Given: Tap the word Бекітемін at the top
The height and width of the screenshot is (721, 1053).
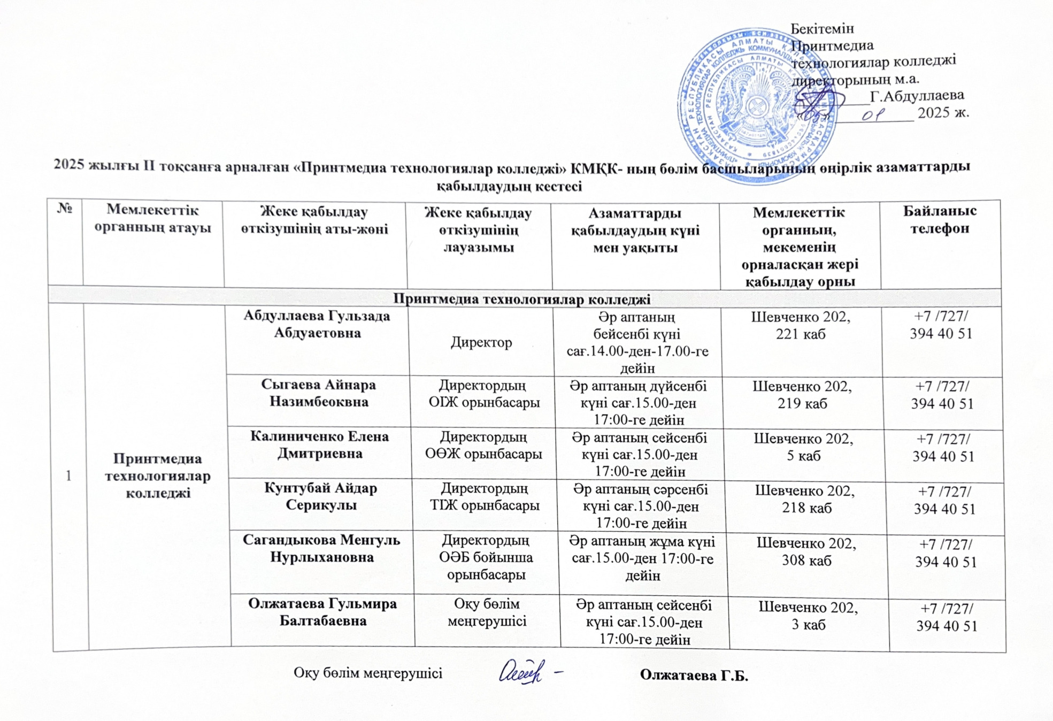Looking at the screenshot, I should pyautogui.click(x=822, y=28).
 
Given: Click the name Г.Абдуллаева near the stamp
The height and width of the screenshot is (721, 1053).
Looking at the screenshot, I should pyautogui.click(x=917, y=96).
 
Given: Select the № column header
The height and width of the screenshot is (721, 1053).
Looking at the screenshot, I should pyautogui.click(x=65, y=209).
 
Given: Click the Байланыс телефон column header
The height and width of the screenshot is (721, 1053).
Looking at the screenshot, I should pyautogui.click(x=940, y=219).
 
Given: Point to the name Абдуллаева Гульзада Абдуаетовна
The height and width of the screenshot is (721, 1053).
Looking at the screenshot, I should pyautogui.click(x=317, y=324).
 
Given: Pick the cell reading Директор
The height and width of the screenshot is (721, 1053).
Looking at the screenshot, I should pyautogui.click(x=481, y=342).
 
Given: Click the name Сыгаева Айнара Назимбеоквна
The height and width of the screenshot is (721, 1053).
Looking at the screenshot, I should pyautogui.click(x=319, y=393).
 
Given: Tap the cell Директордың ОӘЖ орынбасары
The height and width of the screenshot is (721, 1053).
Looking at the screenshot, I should pyautogui.click(x=483, y=446).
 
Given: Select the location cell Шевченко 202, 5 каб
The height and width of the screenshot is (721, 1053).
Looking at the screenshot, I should pyautogui.click(x=803, y=447).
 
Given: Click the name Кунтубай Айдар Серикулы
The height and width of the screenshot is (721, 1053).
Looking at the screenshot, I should pyautogui.click(x=321, y=496).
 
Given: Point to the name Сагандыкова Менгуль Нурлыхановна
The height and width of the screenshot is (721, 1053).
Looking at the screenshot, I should pyautogui.click(x=322, y=548).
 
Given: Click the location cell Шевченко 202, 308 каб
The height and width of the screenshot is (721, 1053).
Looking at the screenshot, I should pyautogui.click(x=806, y=551).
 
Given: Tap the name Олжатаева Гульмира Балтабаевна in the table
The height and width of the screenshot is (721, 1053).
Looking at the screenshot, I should pyautogui.click(x=322, y=612).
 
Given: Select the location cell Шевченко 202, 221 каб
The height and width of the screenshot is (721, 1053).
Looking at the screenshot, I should pyautogui.click(x=801, y=325).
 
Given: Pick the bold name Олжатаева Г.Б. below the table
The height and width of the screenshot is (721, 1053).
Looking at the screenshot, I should pyautogui.click(x=694, y=676).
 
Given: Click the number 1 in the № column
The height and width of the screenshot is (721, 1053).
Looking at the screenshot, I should pyautogui.click(x=68, y=475).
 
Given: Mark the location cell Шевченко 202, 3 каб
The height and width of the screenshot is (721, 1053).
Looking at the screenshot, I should pyautogui.click(x=808, y=616).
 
